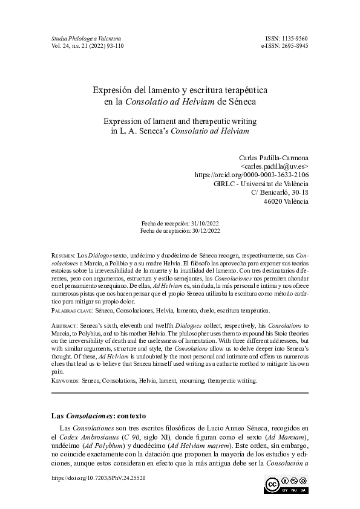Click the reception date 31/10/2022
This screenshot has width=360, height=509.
202,223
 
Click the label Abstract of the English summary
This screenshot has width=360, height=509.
65,326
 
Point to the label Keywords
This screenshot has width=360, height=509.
64,381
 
